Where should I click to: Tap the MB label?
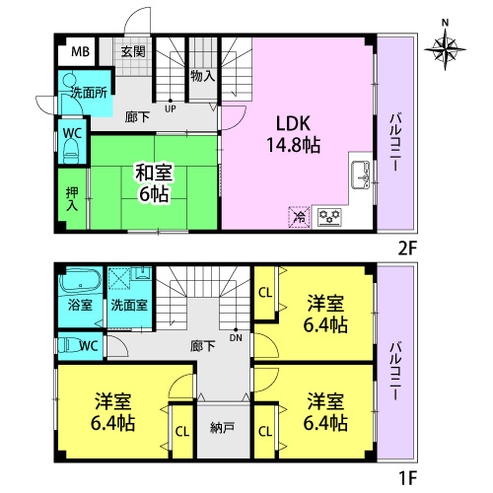[x=80, y=51]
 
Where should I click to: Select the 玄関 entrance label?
[x=133, y=51]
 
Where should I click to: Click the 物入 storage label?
[x=203, y=76]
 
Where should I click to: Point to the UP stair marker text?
[x=171, y=108]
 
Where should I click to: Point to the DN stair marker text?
[x=236, y=337]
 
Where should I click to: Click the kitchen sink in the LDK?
[x=361, y=175]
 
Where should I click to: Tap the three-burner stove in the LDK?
[x=329, y=217]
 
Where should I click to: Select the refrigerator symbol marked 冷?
[x=300, y=217]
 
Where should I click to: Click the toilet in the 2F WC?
[x=71, y=151]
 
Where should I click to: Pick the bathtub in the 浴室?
[x=80, y=281]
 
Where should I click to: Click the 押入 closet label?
[x=72, y=199]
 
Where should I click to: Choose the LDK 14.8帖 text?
[x=293, y=134]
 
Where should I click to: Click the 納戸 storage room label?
[x=222, y=428]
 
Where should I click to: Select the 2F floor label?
[x=407, y=248]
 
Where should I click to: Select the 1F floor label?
[x=407, y=478]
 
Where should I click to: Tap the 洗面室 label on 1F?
[x=129, y=306]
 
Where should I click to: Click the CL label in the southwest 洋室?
[x=182, y=432]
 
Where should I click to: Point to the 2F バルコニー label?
[x=395, y=142]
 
